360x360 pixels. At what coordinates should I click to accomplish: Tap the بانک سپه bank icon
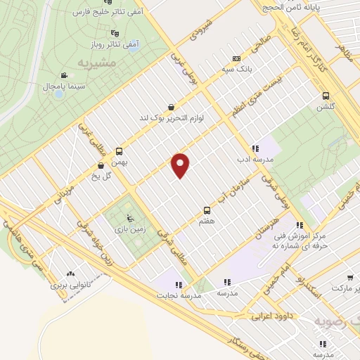pyautogui.click(x=236, y=58)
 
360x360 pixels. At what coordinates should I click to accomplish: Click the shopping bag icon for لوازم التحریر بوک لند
pyautogui.click(x=172, y=107)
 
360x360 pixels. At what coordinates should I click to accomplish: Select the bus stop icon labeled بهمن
pyautogui.click(x=119, y=151)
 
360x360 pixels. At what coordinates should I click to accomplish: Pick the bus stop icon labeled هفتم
pyautogui.click(x=207, y=210)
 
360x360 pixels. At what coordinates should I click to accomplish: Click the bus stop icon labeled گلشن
pyautogui.click(x=326, y=96)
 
